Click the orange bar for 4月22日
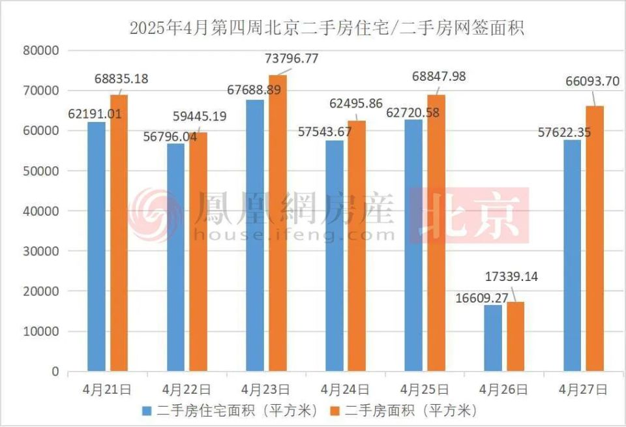click(198, 252)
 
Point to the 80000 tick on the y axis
click(42, 51)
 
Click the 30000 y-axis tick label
click(42, 251)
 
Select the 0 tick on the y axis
click(55, 372)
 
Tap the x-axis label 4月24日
click(345, 389)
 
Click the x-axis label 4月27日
click(583, 389)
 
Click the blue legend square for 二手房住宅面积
click(146, 411)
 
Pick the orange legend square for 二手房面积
click(337, 411)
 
